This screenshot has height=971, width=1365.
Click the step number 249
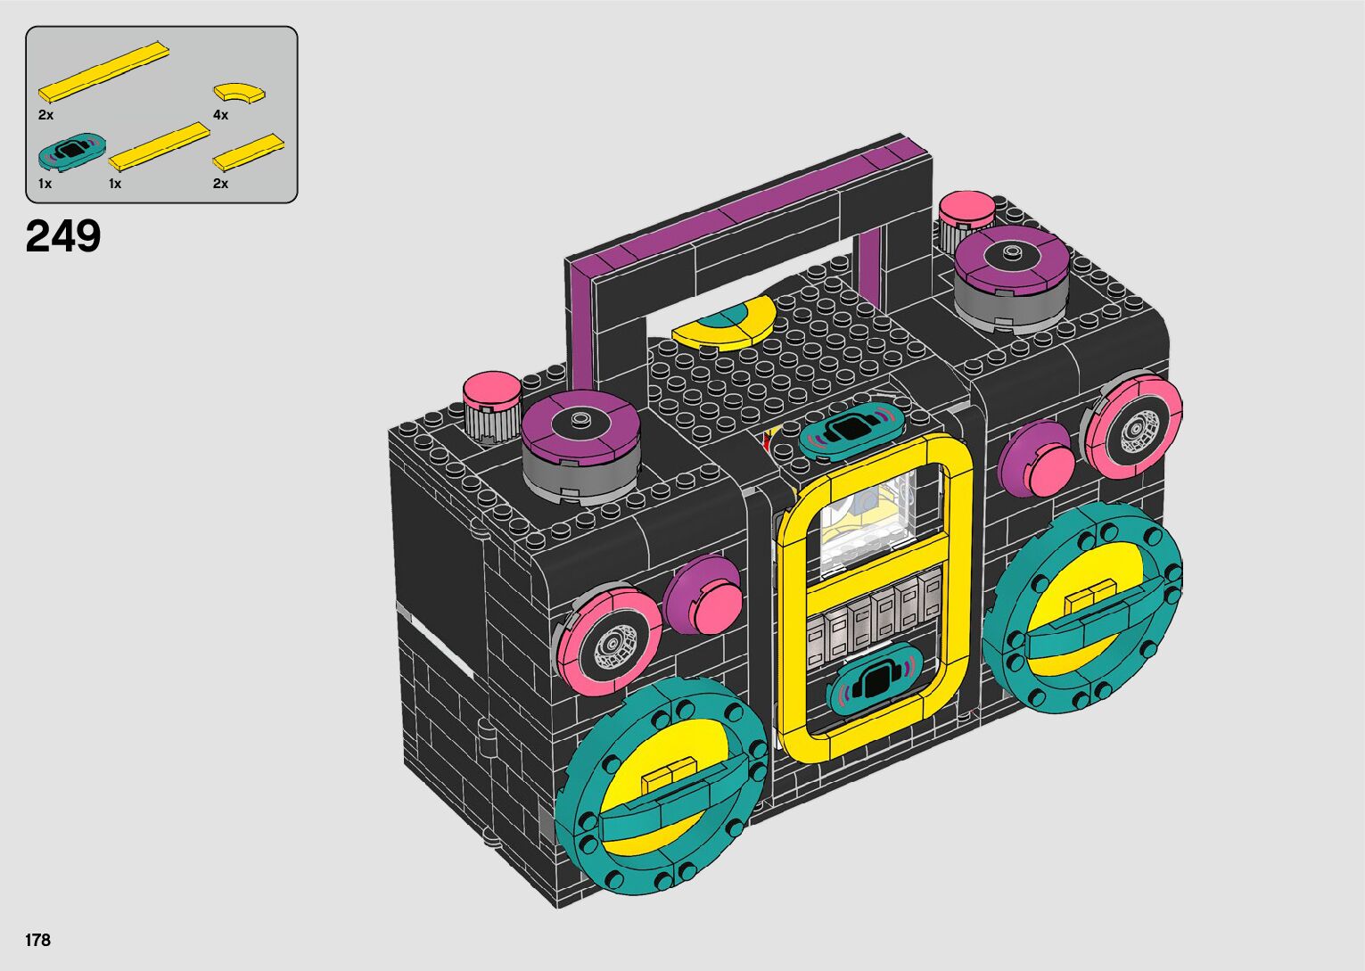(63, 236)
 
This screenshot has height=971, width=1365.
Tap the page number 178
(37, 940)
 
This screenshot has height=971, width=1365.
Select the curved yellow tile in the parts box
(239, 93)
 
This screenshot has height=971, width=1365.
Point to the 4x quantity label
(220, 115)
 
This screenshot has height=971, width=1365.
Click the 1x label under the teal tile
(45, 184)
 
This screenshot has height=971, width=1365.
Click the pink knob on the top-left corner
(492, 405)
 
